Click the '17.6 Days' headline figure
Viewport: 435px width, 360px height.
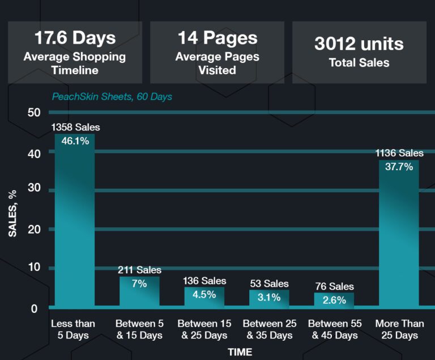tap(75, 38)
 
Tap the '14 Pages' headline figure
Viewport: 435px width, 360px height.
tap(217, 38)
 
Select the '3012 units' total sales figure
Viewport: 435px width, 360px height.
tap(359, 44)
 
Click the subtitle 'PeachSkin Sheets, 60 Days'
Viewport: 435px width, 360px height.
tap(112, 96)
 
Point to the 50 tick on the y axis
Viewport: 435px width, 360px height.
tap(33, 112)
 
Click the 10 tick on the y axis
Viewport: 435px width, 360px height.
tap(33, 267)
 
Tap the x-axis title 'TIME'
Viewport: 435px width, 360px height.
tap(240, 352)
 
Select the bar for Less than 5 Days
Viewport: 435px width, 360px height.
tap(75, 227)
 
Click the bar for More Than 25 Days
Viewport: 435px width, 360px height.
tap(399, 238)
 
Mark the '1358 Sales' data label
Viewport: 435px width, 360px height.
tap(75, 127)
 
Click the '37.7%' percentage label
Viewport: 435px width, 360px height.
tap(399, 167)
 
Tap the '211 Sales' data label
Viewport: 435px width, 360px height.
tap(139, 270)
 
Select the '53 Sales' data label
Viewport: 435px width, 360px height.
tap(269, 283)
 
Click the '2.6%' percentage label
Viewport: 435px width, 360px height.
tap(334, 300)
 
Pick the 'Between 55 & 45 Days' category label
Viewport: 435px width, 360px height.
tap(334, 329)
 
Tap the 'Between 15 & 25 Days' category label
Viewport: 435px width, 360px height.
tap(204, 329)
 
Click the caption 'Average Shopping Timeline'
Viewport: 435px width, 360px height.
tap(75, 63)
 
